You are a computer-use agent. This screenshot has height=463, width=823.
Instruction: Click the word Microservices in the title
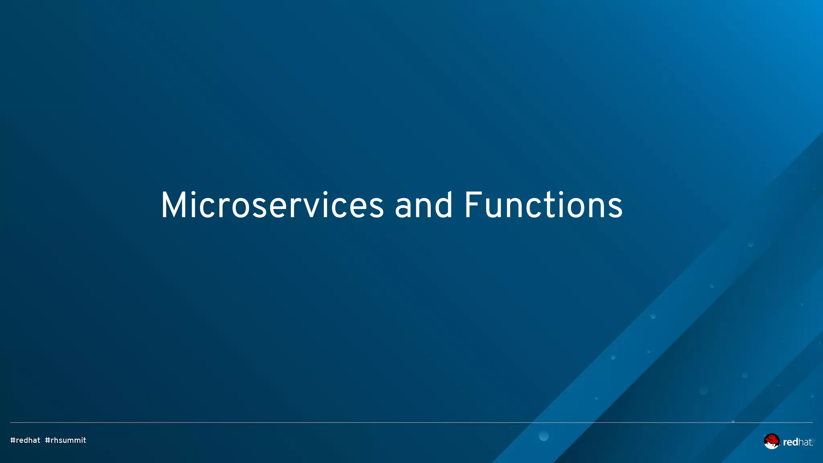tap(272, 206)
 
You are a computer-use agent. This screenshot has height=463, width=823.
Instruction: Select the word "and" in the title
tap(424, 206)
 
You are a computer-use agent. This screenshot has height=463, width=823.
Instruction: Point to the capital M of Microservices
tap(173, 206)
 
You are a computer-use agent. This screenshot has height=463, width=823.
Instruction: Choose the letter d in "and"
tap(444, 206)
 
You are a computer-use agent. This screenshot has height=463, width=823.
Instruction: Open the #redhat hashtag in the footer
tap(25, 440)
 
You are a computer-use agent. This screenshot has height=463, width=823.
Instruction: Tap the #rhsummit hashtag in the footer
tap(66, 440)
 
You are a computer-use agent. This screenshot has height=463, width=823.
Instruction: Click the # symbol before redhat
tap(12, 440)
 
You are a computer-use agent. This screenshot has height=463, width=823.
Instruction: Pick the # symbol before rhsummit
tap(47, 440)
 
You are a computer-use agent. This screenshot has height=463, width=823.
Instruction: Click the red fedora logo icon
tap(771, 441)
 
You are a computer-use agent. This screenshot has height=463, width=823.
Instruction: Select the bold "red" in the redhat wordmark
tap(790, 443)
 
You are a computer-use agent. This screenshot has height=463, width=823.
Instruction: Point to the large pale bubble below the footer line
tap(543, 436)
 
